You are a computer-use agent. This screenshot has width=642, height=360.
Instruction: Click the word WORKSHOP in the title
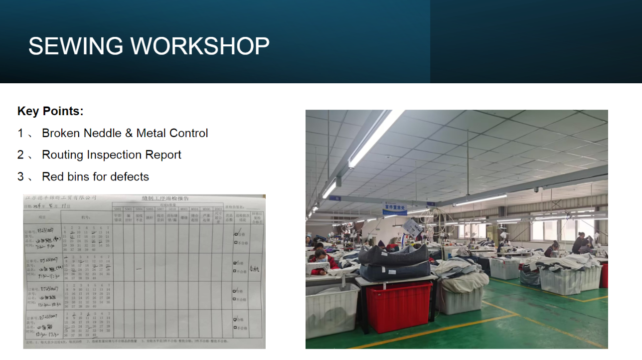(x=200, y=46)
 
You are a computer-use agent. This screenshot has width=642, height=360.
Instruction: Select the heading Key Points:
(x=50, y=111)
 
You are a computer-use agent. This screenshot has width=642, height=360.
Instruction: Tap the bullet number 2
(x=20, y=155)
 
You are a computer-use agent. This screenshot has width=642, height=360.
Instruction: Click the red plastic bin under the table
(x=399, y=305)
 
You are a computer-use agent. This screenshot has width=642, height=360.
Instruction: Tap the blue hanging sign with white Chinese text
(x=395, y=208)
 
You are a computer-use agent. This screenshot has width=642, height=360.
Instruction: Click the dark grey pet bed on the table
(x=394, y=255)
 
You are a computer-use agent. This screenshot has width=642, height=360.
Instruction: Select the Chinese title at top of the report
(x=165, y=198)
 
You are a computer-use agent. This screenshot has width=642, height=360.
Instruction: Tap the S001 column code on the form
(x=118, y=209)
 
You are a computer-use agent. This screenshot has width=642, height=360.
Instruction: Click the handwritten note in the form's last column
(x=254, y=269)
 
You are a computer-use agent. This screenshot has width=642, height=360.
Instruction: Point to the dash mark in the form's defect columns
(x=139, y=269)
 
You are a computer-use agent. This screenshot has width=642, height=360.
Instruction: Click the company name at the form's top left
(x=60, y=198)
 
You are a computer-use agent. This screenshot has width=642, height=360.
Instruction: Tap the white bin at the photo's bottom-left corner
(x=331, y=309)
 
